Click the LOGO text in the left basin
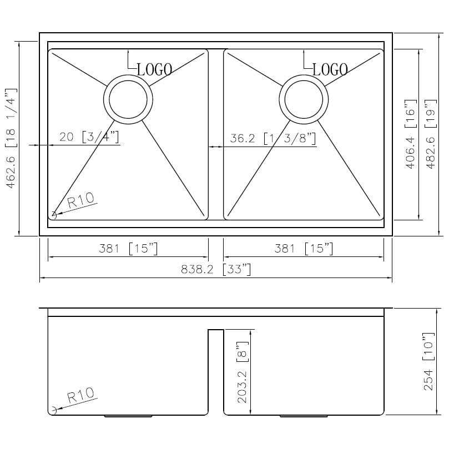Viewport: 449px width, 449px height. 155,69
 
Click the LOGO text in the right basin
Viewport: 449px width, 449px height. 330,69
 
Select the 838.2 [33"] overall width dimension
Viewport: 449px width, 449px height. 216,269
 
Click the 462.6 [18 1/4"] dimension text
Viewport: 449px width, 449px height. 11,138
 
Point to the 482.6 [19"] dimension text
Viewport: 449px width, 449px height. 431,134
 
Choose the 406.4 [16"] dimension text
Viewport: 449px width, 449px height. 410,134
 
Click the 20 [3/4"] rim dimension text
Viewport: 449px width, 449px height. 89,137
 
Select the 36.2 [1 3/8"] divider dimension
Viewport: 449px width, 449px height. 273,138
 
